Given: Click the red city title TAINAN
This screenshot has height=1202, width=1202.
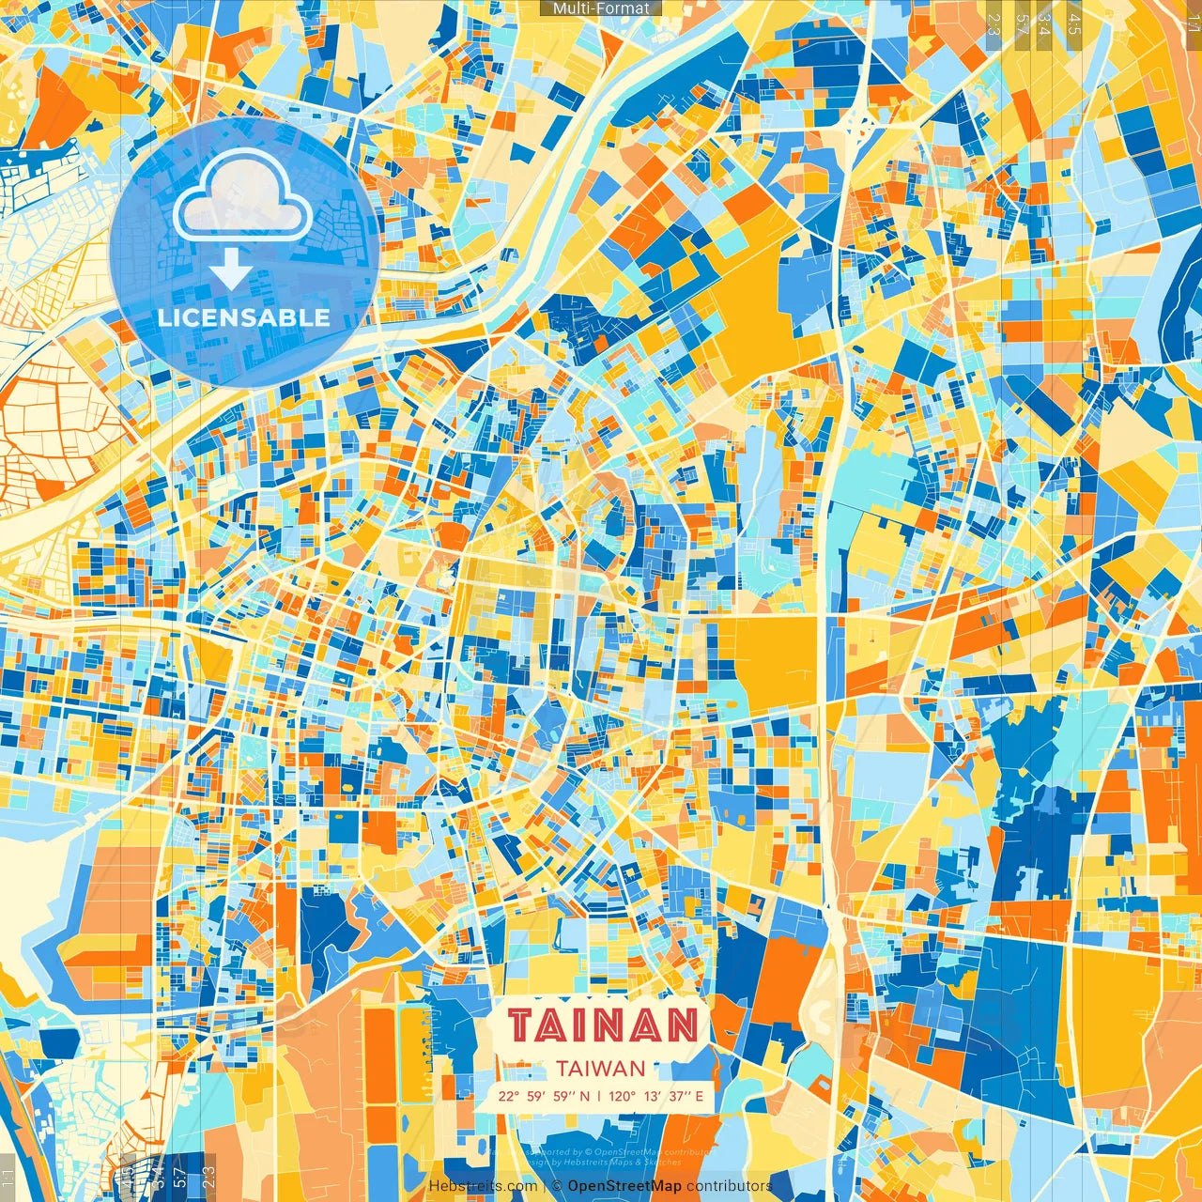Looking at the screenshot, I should [603, 1025].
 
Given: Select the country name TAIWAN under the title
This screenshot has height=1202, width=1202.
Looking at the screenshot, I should [600, 1069].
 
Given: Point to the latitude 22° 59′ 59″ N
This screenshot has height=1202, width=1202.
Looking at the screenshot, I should [545, 1096].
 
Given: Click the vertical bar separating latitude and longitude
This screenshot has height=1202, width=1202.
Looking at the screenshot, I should [599, 1096].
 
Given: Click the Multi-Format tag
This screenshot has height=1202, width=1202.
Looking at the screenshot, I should [601, 8].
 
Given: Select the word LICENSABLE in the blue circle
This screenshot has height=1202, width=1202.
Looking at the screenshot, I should [244, 317].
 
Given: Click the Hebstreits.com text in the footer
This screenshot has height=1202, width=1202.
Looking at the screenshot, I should [483, 1186].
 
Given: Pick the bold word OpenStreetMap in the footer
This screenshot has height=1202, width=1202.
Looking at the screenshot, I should [624, 1186].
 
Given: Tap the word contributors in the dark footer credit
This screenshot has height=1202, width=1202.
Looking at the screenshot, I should [730, 1186].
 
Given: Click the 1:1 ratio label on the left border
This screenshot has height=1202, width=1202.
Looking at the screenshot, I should [8, 1177].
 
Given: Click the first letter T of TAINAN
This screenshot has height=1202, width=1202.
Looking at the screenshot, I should [523, 1025].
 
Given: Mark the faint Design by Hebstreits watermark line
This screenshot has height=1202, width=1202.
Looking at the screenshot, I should [601, 1162].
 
